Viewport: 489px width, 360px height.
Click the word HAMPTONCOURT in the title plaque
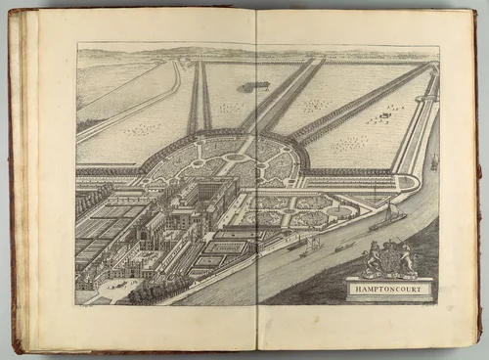[x=389, y=289]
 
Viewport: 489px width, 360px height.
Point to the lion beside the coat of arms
[x=372, y=261]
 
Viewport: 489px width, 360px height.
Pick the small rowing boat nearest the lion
[x=344, y=247]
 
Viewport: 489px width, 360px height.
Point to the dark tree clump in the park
[x=256, y=86]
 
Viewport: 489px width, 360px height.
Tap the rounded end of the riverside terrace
[x=410, y=184]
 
